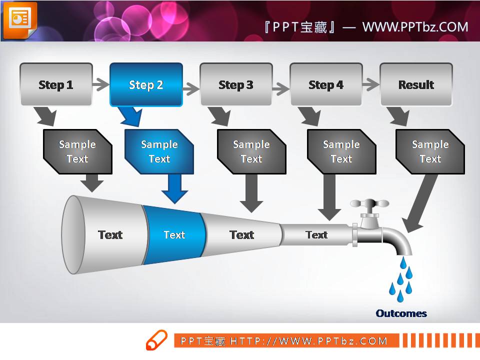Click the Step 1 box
pos(56,84)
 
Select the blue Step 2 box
pos(146,84)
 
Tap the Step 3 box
pos(236,84)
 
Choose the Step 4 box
pos(326,84)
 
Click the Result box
pos(416,84)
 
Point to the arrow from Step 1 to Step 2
pos(101,84)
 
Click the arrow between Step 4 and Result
pos(371,84)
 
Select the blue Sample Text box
pos(159,151)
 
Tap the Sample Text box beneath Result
pos(430,151)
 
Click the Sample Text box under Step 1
pos(77,151)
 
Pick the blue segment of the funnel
pos(174,234)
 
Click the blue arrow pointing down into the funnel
pos(174,188)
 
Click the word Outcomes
pos(401,313)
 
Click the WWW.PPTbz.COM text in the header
pos(415,26)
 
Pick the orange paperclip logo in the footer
pos(156,340)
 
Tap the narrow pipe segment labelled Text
pos(316,234)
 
